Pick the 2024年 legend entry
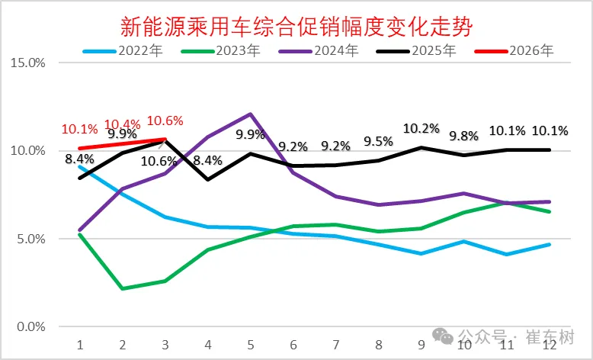[336, 52]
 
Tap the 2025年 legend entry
[434, 52]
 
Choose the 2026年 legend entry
[531, 52]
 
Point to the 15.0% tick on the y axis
[27, 63]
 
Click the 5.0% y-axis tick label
[30, 239]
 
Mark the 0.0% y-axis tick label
[30, 327]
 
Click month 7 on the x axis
[336, 344]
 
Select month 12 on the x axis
[550, 344]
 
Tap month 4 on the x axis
[208, 344]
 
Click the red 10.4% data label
[122, 124]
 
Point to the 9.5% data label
[379, 141]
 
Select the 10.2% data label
[422, 128]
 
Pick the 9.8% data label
[464, 137]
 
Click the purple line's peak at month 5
[251, 114]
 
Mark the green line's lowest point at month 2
[123, 289]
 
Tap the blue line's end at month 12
[550, 245]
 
